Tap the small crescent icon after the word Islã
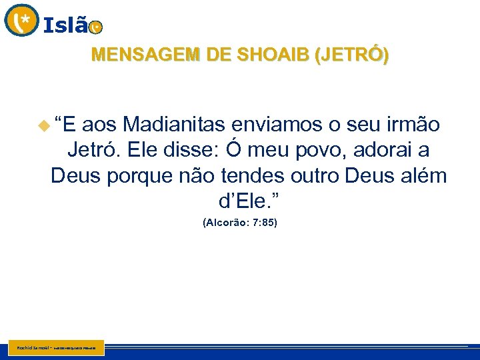[96, 27]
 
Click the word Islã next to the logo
[65, 26]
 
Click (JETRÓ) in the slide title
[350, 55]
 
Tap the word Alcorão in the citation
[227, 222]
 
